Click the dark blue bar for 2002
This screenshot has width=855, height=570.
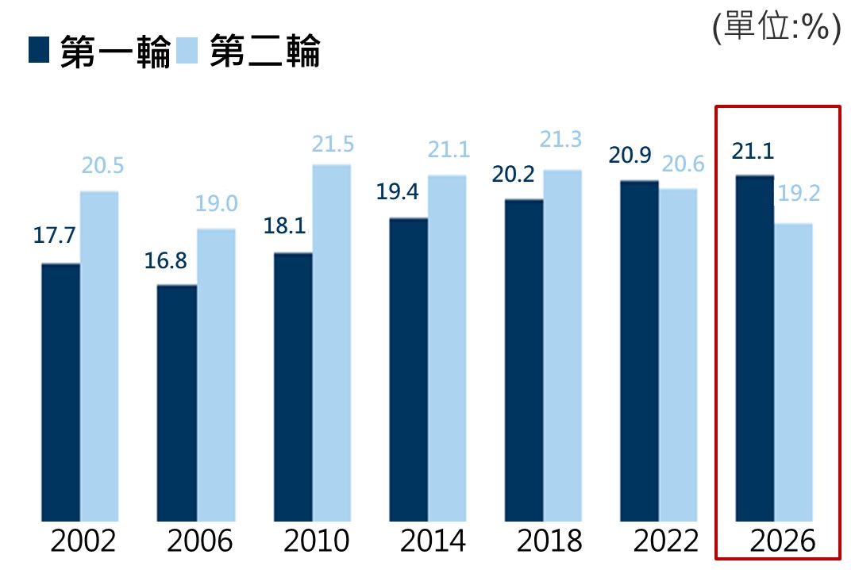pyautogui.click(x=60, y=392)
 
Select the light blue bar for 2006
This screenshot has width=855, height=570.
pyautogui.click(x=216, y=375)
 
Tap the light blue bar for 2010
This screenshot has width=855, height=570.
pyautogui.click(x=332, y=343)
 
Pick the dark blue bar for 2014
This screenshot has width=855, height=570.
pyautogui.click(x=408, y=370)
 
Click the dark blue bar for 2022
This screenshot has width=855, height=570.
pyautogui.click(x=639, y=351)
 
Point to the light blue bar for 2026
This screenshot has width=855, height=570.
pyautogui.click(x=793, y=372)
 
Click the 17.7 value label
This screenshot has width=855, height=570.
pyautogui.click(x=54, y=236)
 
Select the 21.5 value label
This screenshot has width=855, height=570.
pyautogui.click(x=333, y=144)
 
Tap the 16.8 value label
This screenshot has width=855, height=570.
pyautogui.click(x=165, y=260)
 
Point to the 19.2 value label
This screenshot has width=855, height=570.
pyautogui.click(x=799, y=193)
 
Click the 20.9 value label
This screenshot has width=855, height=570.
pyautogui.click(x=630, y=156)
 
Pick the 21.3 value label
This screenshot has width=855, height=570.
pyautogui.click(x=560, y=140)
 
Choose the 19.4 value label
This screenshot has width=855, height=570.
pyautogui.click(x=398, y=192)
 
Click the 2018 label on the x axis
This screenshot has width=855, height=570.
pyautogui.click(x=549, y=541)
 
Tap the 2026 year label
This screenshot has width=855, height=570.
pyautogui.click(x=783, y=541)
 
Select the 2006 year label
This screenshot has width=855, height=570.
pyautogui.click(x=199, y=541)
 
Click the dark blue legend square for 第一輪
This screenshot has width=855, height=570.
pyautogui.click(x=39, y=50)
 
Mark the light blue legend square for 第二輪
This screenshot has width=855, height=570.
pyautogui.click(x=187, y=50)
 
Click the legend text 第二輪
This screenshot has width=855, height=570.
pyautogui.click(x=265, y=51)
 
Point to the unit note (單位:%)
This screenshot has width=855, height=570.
pyautogui.click(x=777, y=27)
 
